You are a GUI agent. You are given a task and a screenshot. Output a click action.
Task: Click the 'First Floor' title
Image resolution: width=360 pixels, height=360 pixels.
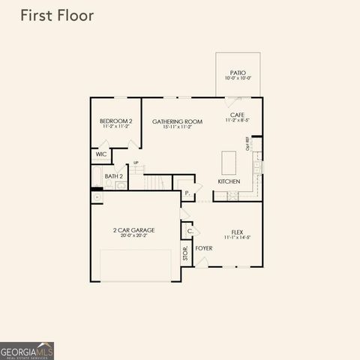point(57,16)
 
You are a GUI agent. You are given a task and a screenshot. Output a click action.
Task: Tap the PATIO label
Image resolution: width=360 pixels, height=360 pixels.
point(239,73)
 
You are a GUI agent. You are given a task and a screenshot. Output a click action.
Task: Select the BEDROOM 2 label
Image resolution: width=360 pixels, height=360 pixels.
point(115,121)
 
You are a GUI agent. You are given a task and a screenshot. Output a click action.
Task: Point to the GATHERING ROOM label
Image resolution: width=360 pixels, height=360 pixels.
point(178,121)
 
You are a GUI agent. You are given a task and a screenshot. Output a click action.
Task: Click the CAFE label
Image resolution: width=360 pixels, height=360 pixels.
point(238,114)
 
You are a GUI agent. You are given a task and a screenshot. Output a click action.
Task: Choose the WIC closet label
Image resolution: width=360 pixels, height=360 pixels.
point(100,154)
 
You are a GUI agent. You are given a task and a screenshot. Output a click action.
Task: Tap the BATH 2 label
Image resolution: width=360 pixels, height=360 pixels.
point(113,176)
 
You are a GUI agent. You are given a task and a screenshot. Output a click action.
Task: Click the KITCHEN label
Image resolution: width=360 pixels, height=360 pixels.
point(229,181)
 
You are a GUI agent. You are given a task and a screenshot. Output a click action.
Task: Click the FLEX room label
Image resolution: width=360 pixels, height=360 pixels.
point(237,232)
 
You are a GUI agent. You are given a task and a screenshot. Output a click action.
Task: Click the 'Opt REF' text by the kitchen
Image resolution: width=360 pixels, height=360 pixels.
point(247,143)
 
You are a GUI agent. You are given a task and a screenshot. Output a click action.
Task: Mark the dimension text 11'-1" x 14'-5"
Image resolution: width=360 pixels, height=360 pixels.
point(237,238)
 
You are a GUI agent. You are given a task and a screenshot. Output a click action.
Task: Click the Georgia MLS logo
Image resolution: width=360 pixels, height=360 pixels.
point(27,350)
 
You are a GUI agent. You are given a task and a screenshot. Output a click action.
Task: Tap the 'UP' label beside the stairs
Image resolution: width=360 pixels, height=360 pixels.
point(136,163)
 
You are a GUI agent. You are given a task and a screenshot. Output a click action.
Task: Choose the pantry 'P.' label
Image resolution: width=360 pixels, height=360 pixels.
point(187,193)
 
